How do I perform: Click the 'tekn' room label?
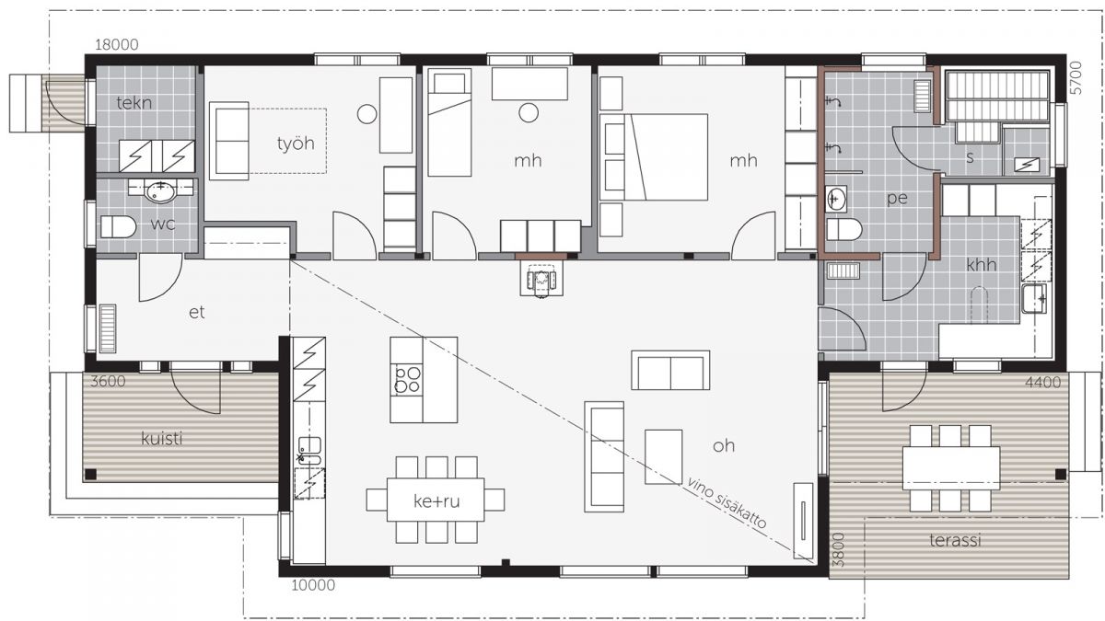pos(134,103)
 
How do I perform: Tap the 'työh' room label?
pos(296,144)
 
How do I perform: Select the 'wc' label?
pos(163,224)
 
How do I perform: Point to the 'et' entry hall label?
pos(197,312)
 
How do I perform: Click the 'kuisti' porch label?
pos(162,438)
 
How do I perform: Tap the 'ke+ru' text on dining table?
pos(436,501)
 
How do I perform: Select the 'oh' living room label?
pos(724,445)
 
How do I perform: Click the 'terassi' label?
pos(955,541)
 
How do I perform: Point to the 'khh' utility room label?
pos(982,265)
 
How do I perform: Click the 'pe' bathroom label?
pos(897,198)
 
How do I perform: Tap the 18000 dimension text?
pos(116,45)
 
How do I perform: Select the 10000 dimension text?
pos(313,585)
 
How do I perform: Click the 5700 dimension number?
pos(1076,78)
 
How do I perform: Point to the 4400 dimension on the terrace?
pos(1042,382)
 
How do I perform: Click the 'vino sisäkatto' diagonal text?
pos(727,502)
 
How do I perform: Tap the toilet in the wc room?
pos(119,226)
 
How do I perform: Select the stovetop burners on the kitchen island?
pos(407,379)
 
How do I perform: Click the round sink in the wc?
pos(159,192)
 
